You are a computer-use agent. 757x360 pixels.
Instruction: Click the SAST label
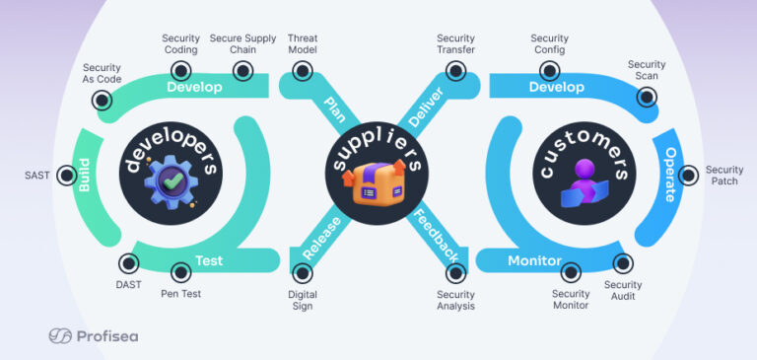click(x=36, y=176)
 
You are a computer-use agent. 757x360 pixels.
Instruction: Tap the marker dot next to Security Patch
click(x=683, y=176)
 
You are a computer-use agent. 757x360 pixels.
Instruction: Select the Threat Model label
click(x=302, y=43)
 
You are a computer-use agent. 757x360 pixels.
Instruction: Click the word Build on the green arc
click(x=85, y=176)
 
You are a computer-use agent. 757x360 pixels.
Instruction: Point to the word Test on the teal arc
click(x=208, y=261)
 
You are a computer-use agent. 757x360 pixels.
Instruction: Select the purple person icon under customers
click(x=586, y=185)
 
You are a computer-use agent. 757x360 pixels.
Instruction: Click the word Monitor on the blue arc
click(x=534, y=261)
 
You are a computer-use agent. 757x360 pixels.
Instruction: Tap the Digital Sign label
click(x=302, y=300)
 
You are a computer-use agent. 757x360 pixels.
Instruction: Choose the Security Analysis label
click(x=455, y=300)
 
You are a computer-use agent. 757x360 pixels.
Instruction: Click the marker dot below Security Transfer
click(x=454, y=71)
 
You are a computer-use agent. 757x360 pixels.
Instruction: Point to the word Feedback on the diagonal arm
click(x=435, y=235)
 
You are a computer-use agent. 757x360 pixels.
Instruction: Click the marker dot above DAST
click(x=128, y=262)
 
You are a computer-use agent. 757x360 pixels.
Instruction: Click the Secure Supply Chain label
click(x=242, y=43)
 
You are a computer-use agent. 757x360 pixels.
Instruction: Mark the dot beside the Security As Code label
click(x=102, y=100)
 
